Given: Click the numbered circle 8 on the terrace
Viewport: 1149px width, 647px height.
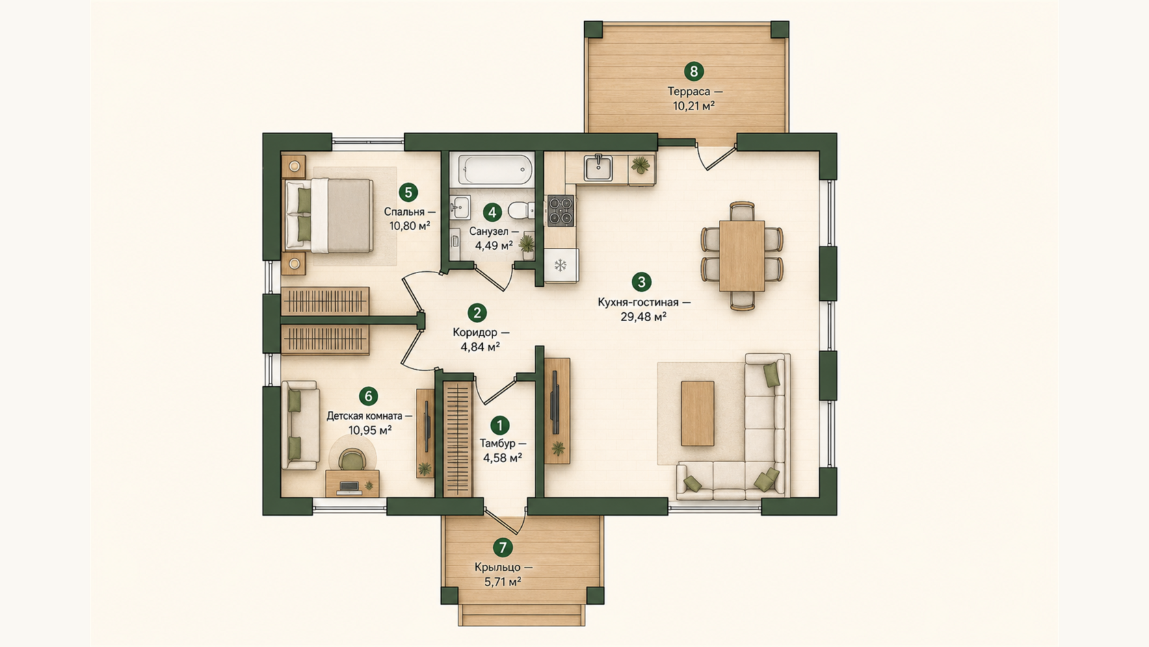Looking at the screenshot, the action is [694, 71].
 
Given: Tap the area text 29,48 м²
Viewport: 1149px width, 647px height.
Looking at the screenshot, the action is [643, 317].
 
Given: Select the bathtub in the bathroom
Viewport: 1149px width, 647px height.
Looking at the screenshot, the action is [492, 170].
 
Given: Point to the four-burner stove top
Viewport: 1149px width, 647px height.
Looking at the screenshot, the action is [560, 211].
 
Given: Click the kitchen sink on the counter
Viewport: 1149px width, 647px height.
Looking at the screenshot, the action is [598, 168].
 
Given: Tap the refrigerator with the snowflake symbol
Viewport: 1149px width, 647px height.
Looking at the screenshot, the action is [561, 266].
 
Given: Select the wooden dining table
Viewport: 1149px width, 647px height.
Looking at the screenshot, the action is [741, 256].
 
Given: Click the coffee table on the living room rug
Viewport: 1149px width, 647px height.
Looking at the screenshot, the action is [698, 414].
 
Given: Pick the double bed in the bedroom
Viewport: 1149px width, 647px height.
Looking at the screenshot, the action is [329, 216].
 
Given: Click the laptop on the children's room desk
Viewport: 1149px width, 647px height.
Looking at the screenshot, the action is [349, 487].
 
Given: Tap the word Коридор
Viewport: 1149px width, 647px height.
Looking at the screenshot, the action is [475, 333].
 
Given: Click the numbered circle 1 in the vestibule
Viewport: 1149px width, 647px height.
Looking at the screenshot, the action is [499, 425].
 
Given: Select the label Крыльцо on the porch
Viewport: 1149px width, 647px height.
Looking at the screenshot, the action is [498, 568].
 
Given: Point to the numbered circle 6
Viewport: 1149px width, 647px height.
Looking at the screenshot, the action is [368, 396].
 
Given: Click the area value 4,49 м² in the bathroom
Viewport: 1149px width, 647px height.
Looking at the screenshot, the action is [494, 245].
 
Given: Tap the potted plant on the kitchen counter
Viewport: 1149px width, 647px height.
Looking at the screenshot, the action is [641, 164].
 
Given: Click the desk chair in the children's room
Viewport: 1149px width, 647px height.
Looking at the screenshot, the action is [352, 459].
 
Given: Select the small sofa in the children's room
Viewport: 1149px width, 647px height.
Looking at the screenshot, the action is [300, 426].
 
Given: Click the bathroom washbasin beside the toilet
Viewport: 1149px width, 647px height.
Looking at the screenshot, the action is [460, 207].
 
